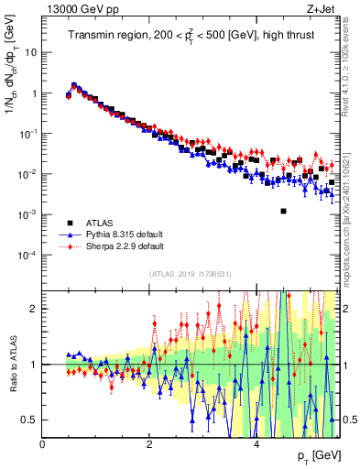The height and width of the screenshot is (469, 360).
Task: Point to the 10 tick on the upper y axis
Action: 31,52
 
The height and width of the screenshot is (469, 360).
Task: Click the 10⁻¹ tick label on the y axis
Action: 29,134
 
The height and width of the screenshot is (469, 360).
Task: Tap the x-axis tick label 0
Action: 43,445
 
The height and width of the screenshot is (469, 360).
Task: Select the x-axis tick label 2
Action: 149,445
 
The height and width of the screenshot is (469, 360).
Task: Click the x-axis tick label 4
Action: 256,445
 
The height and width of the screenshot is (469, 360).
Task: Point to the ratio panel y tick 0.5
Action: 31,420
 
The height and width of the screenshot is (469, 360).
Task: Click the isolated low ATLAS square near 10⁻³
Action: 283,211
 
